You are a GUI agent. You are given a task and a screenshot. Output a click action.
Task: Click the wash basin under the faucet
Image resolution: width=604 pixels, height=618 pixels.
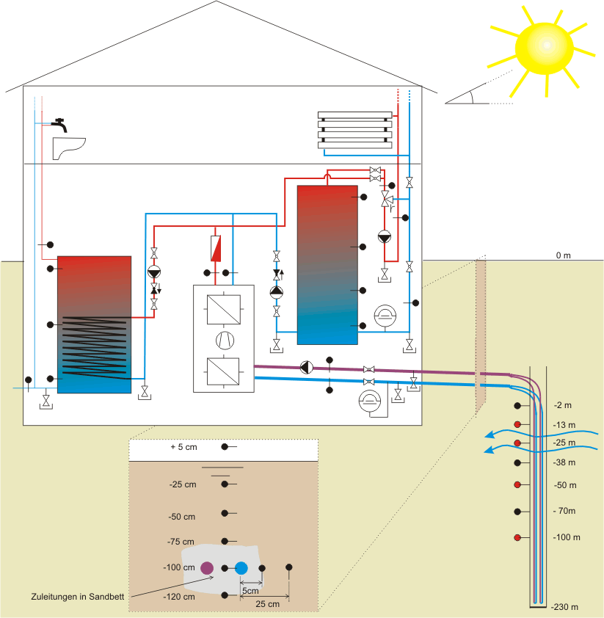coord(69,148)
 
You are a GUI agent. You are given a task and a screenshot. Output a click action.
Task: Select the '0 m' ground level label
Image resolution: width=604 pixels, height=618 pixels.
coord(563,255)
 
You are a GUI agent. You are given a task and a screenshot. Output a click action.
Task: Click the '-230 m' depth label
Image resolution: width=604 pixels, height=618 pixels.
coord(565,607)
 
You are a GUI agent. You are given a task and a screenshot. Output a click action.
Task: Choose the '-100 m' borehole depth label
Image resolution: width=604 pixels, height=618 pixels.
coord(566,538)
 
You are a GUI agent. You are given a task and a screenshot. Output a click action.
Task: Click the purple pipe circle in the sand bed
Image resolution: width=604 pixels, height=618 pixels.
coord(206,567)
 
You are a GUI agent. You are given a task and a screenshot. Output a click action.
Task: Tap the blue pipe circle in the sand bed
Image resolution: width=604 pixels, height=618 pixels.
coord(241,567)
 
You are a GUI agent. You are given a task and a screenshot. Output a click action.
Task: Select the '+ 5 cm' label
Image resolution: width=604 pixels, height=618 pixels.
coord(184,447)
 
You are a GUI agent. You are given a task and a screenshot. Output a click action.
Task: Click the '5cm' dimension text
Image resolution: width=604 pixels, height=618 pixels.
coord(251,591)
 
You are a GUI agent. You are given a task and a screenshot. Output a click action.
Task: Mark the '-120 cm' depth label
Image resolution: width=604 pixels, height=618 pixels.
coord(179,597)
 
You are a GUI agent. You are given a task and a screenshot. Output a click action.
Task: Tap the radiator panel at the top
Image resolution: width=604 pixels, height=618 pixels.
coord(355,130)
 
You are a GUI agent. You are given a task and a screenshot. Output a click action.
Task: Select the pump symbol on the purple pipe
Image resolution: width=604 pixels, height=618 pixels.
coord(307,366)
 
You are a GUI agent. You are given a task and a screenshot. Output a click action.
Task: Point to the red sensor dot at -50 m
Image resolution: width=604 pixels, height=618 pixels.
coord(517,484)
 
